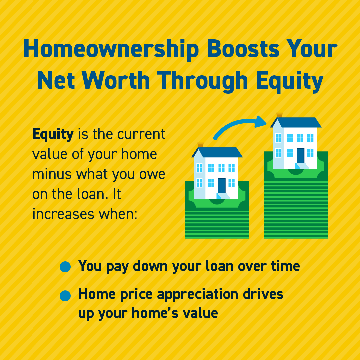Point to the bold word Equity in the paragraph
click(x=53, y=134)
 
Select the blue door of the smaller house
click(x=222, y=185)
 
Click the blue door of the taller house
click(x=300, y=155)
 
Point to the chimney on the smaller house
click(x=200, y=145)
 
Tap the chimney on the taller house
click(x=279, y=115)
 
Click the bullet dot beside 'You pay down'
click(x=65, y=267)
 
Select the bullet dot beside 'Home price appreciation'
click(x=65, y=295)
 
